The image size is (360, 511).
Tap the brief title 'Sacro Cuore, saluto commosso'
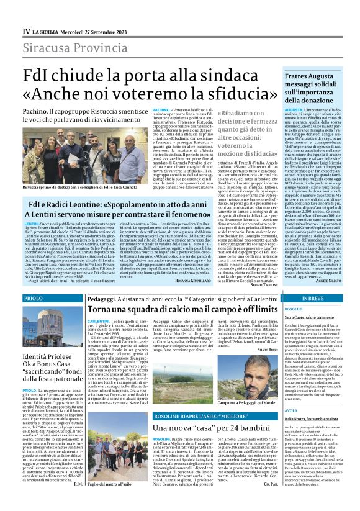(x=308, y=317)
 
